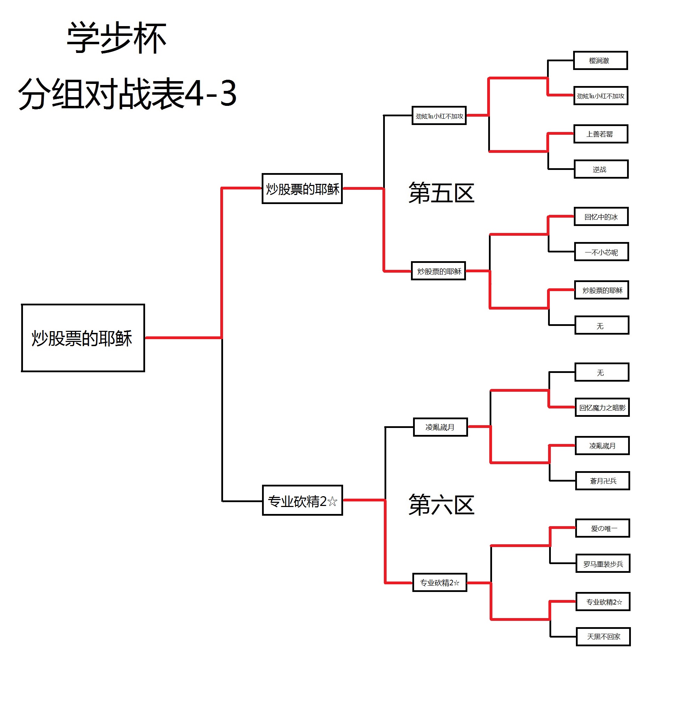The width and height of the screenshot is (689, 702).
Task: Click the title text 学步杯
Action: (117, 38)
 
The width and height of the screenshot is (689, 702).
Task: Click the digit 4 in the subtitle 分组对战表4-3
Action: (193, 93)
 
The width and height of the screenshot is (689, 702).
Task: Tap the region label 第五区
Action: (441, 193)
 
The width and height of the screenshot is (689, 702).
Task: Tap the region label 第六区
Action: (441, 505)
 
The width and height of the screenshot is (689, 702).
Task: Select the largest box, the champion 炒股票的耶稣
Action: (83, 338)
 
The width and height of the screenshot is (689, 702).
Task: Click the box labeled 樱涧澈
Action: (600, 61)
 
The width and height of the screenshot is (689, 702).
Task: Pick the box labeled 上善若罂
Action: (600, 134)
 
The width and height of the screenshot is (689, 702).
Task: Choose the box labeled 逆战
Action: (601, 169)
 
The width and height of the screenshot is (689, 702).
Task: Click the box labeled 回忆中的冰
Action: (601, 217)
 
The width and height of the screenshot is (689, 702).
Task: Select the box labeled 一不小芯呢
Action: (601, 252)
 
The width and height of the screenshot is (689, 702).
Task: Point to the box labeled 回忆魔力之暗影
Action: (602, 407)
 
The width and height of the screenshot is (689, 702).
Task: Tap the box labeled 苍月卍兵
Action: (602, 481)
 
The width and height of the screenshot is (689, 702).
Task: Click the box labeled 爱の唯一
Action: (602, 528)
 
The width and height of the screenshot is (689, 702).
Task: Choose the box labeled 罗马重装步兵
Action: (603, 564)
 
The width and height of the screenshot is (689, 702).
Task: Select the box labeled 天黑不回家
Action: (603, 637)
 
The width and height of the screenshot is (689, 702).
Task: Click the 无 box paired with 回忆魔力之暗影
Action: (602, 373)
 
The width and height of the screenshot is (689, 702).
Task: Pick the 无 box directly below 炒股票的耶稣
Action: (602, 326)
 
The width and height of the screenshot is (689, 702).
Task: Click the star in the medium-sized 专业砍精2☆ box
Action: (332, 501)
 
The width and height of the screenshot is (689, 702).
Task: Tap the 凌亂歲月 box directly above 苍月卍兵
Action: (602, 446)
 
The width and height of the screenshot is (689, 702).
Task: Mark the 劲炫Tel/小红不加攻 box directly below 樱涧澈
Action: (600, 96)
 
